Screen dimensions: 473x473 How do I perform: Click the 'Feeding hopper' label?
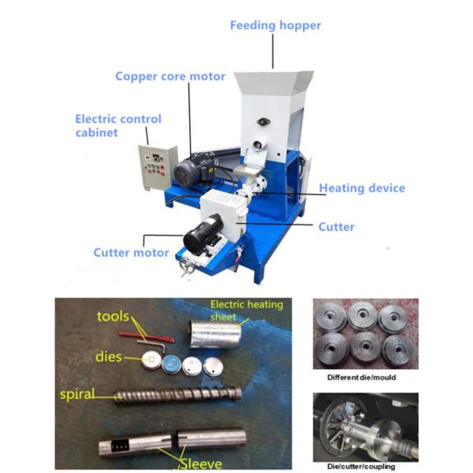(275, 25)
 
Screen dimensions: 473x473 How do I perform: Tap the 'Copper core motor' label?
(170, 76)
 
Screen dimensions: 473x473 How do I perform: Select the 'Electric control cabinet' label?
(118, 125)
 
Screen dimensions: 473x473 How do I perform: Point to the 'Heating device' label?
(362, 188)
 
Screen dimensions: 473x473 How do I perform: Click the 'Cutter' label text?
(336, 227)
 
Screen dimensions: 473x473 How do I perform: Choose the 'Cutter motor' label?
(131, 253)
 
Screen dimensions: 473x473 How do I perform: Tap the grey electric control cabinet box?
(155, 169)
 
